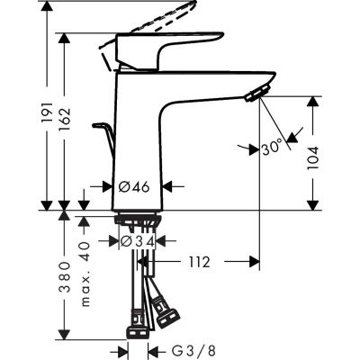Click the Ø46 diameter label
coord(136,187)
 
